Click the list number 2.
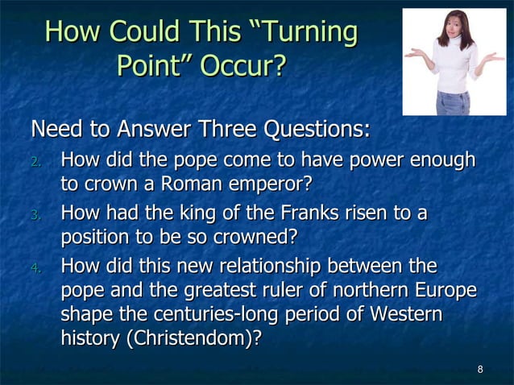(35, 162)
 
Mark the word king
(203, 213)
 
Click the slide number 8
(480, 370)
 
